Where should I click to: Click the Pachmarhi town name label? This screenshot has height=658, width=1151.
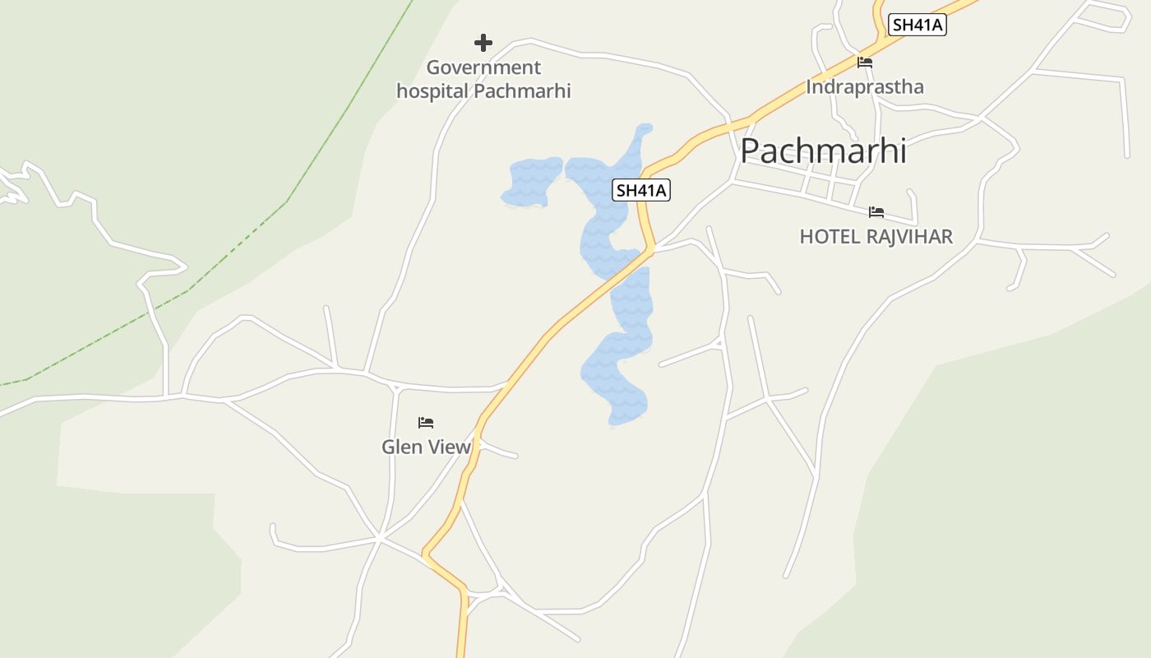pos(823,151)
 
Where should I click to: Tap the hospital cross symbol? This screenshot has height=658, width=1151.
pos(483,42)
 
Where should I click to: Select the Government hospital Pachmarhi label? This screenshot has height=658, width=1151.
pos(483,79)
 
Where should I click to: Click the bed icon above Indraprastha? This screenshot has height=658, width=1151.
pos(864,62)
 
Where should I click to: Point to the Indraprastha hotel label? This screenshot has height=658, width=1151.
pos(865,86)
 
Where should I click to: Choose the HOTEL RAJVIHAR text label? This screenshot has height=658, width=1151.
pos(876,237)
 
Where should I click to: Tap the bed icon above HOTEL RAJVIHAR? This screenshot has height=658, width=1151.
pos(876,212)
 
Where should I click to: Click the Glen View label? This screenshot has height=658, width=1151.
pos(426,447)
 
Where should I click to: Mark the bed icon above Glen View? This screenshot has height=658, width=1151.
pos(426,423)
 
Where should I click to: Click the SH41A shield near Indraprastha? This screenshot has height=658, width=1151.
pos(918,25)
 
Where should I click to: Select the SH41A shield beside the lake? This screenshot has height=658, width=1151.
pos(642,190)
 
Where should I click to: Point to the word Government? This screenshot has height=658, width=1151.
pos(483,67)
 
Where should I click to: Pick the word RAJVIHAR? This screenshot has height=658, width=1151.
pos(909,237)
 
